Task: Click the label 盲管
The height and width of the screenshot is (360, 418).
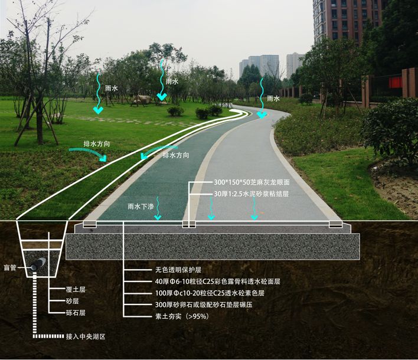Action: [11, 266]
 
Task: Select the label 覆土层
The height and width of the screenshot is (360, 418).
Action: [76, 290]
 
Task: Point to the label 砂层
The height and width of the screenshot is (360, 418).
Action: [73, 302]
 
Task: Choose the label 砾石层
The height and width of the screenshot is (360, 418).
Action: [76, 313]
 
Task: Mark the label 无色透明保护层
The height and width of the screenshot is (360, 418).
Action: [172, 269]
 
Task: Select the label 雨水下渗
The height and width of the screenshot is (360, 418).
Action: [141, 207]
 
